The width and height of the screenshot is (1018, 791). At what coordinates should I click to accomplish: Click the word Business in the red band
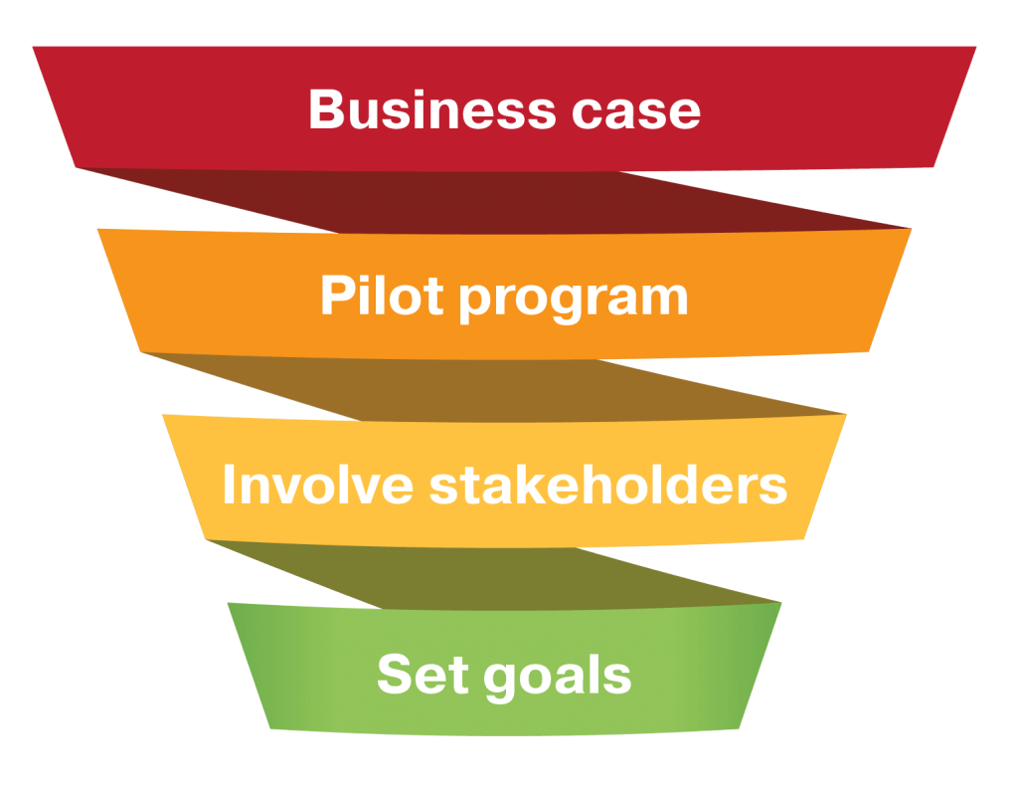419,109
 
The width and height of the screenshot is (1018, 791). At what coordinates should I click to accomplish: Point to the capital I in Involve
229,485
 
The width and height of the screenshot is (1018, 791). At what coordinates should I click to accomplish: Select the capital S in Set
395,674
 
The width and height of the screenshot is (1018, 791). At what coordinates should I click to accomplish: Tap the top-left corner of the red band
32,46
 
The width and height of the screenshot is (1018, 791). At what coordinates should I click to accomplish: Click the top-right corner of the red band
977,46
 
